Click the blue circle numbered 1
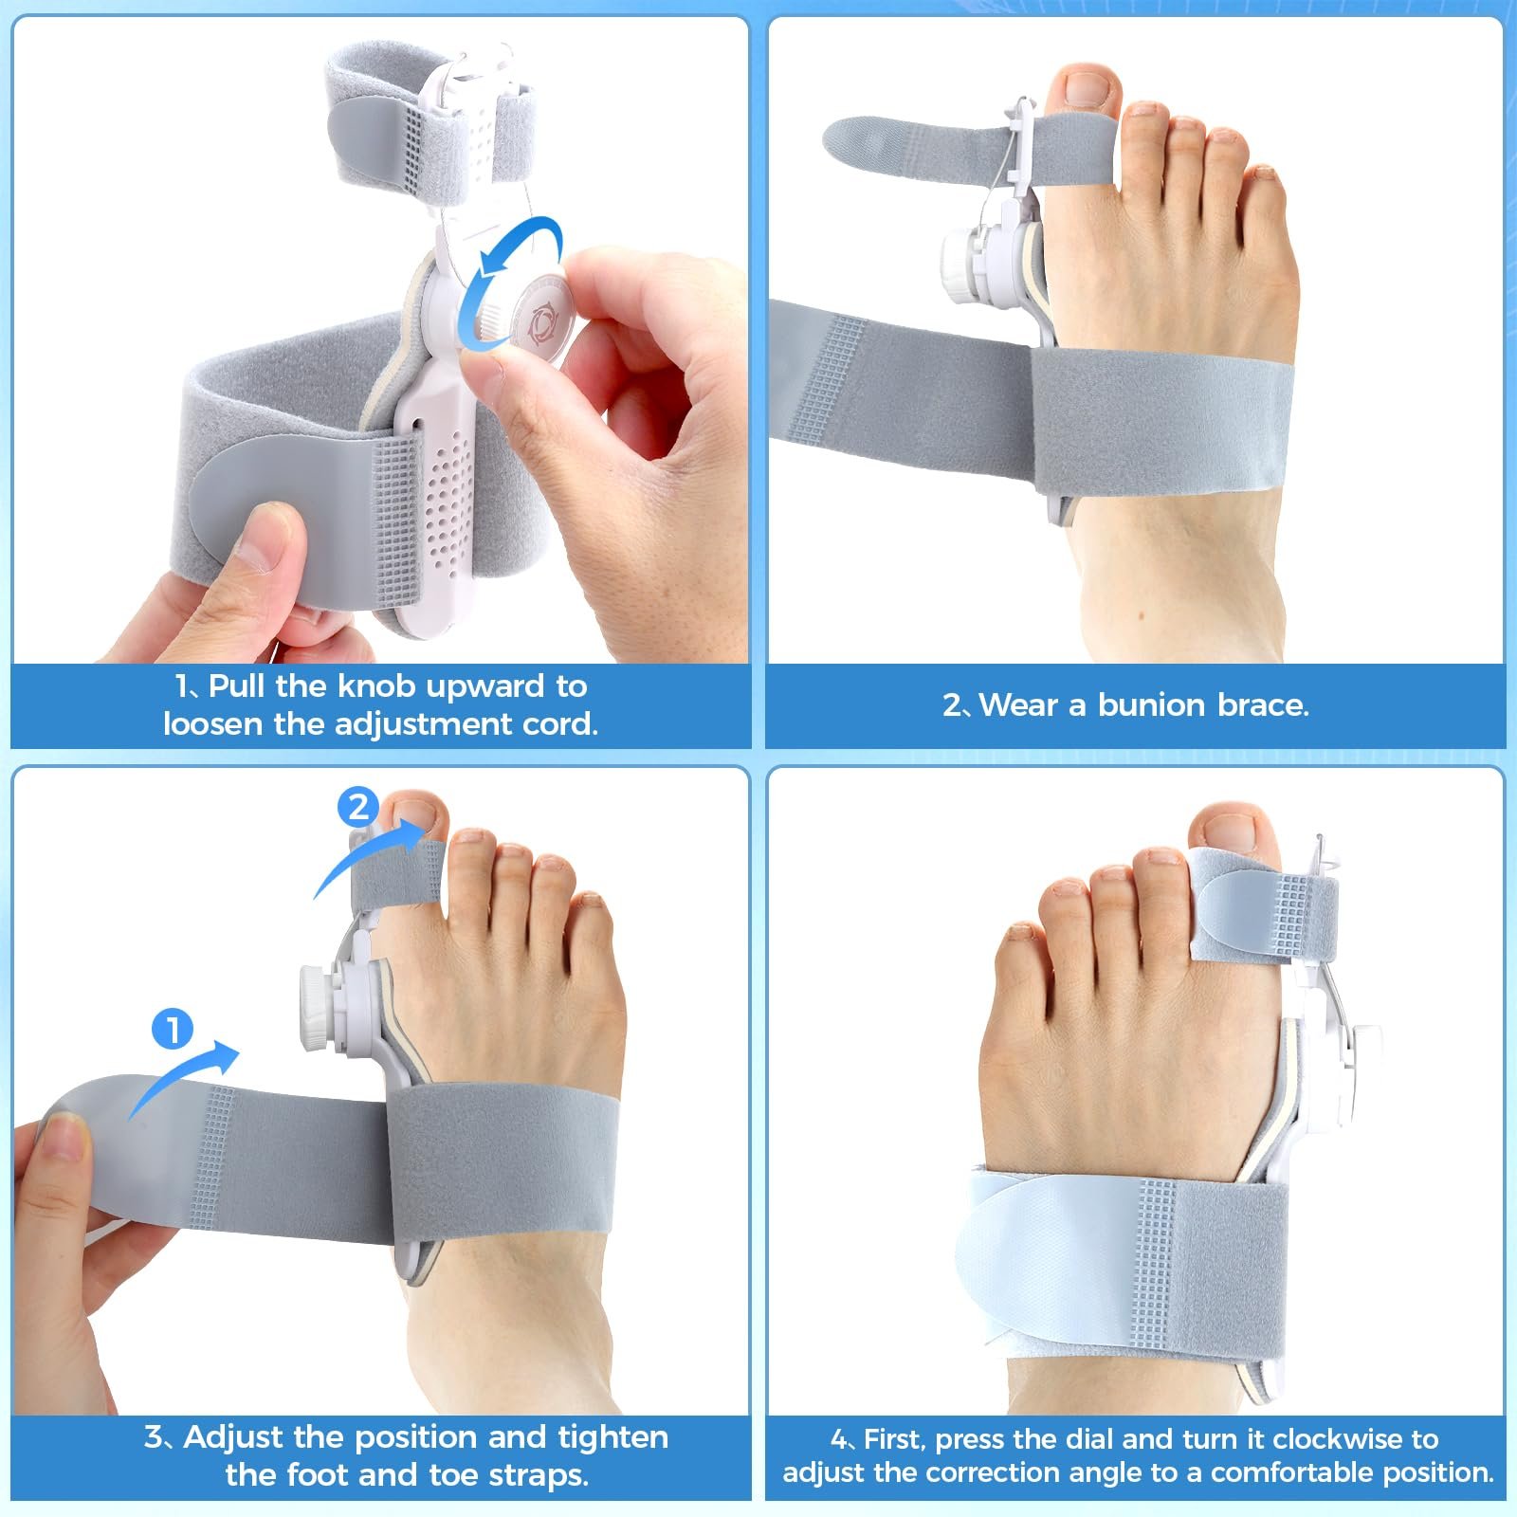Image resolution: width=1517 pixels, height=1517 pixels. click(173, 1030)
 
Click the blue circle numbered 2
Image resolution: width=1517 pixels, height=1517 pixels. click(357, 807)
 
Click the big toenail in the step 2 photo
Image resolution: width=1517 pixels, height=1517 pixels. click(1087, 88)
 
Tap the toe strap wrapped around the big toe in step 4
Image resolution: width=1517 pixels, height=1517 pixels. click(1264, 902)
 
